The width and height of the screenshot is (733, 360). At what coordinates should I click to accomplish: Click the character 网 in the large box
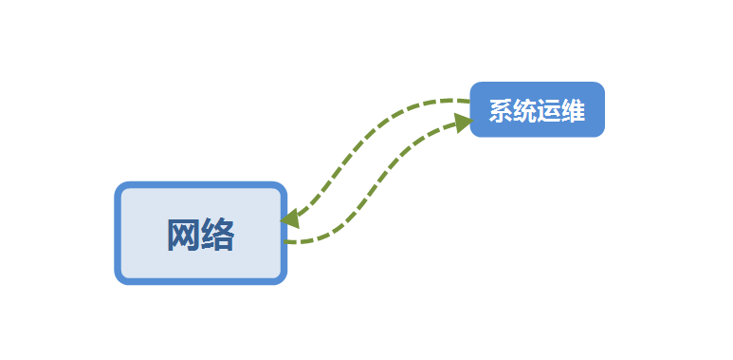point(183,234)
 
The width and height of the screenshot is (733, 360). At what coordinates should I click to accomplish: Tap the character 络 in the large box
point(218,234)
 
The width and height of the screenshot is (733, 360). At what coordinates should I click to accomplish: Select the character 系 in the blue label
point(500,111)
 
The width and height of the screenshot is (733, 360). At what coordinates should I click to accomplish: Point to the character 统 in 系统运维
point(524,111)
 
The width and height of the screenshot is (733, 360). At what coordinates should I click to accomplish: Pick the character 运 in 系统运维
point(549,111)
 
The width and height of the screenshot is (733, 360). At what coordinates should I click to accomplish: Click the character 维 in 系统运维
point(573,111)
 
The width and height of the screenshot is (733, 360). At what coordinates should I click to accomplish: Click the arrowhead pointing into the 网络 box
point(290,218)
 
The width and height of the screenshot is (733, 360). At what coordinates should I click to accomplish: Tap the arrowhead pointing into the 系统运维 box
point(462,121)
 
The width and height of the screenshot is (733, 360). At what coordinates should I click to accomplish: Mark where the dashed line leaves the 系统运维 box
point(468,100)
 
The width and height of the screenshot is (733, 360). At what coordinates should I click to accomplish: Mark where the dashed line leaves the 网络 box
point(286,241)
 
